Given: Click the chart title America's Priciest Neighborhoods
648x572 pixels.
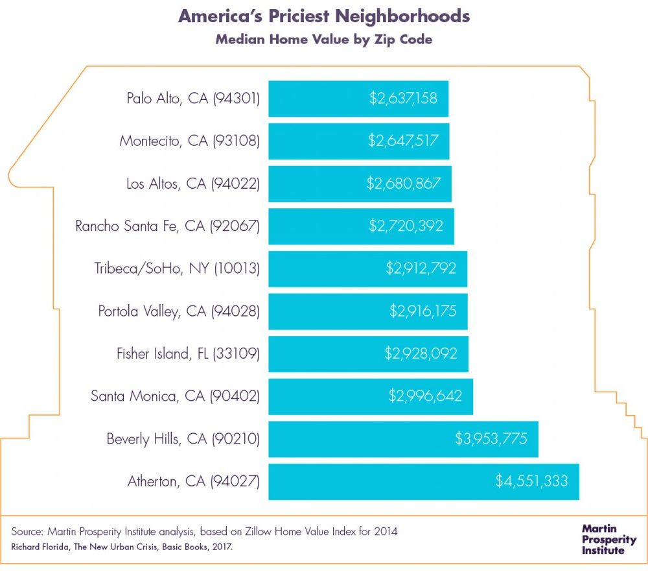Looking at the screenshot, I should point(323,17).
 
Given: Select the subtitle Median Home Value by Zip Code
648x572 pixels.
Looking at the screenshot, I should point(323,40).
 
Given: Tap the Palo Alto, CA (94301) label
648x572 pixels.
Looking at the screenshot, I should point(193,99).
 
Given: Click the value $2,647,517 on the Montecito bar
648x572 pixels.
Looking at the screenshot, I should point(403,141).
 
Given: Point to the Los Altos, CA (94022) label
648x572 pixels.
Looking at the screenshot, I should point(193,184).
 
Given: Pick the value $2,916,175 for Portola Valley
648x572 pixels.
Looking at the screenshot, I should point(423,311).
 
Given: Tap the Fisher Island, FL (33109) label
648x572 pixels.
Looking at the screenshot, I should point(188,353).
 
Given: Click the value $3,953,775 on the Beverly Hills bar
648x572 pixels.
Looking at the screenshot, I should point(496,438).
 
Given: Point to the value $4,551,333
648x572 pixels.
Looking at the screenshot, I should point(531,481).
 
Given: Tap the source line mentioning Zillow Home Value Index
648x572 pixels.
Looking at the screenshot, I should point(204,532).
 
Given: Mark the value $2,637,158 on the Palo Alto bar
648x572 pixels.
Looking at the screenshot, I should point(403,99).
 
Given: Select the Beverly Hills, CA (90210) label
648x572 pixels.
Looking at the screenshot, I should point(183,438).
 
